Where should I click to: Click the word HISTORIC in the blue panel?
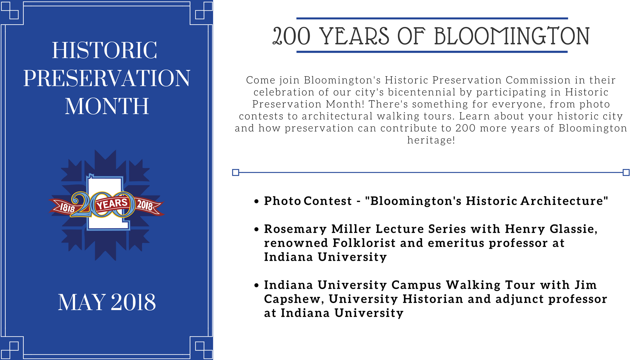point(104,51)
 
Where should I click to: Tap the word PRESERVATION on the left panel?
point(107,79)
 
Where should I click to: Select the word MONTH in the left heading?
point(107,106)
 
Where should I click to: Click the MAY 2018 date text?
point(107,302)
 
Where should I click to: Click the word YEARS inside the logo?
point(112,204)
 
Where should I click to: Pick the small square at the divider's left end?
point(236,172)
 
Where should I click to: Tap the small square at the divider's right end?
point(626,172)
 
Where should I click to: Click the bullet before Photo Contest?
point(256,201)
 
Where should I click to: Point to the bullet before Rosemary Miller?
point(256,229)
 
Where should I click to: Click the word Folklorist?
point(364,243)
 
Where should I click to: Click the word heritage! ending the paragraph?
point(431,140)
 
